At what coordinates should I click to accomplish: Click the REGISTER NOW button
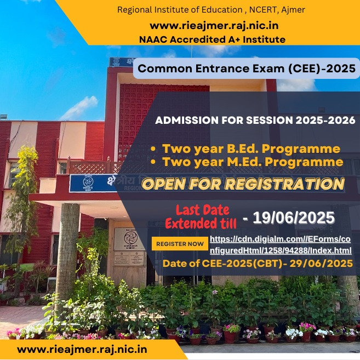tap(180, 244)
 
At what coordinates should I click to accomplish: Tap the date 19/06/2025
tap(294, 218)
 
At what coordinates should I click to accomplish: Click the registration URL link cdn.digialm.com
tap(281, 245)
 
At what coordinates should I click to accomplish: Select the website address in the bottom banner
tap(82, 350)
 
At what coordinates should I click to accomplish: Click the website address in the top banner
tap(214, 26)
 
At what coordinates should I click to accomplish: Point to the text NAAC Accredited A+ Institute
tap(212, 39)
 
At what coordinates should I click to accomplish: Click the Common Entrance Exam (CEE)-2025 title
tap(247, 68)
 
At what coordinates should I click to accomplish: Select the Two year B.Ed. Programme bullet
tap(245, 149)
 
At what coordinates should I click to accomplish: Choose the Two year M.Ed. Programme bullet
tap(247, 162)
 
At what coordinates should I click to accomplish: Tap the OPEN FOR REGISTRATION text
tap(243, 184)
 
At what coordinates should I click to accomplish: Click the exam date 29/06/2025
tap(321, 264)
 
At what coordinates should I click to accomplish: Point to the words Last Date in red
tap(203, 210)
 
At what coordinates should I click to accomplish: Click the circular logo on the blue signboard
tap(88, 182)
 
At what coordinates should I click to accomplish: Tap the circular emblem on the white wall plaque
tap(130, 238)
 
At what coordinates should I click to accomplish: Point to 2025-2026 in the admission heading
tap(325, 121)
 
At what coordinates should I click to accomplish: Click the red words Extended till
tap(201, 223)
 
